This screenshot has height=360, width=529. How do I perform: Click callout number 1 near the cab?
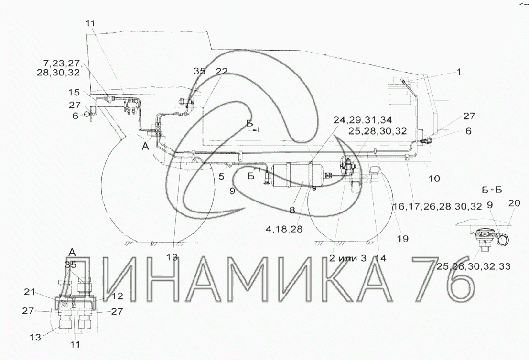pos(458,72)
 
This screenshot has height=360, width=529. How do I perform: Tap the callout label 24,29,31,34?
pos(363,120)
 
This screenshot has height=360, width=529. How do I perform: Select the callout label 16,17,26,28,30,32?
pos(438,206)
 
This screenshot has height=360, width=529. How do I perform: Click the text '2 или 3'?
pos(347,258)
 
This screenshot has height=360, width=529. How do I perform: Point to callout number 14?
pos(380,258)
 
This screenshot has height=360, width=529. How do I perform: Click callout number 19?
pos(403,239)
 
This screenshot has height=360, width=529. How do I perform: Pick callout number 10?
pos(434,178)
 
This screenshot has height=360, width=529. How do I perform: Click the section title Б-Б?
pos(492,190)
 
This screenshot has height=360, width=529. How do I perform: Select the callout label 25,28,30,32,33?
pos(474,266)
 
